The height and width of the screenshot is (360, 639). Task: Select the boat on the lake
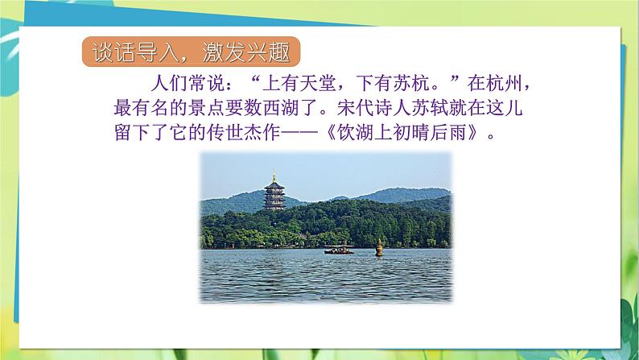pyautogui.click(x=338, y=249)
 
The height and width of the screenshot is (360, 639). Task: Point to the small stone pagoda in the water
pyautogui.click(x=379, y=247)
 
